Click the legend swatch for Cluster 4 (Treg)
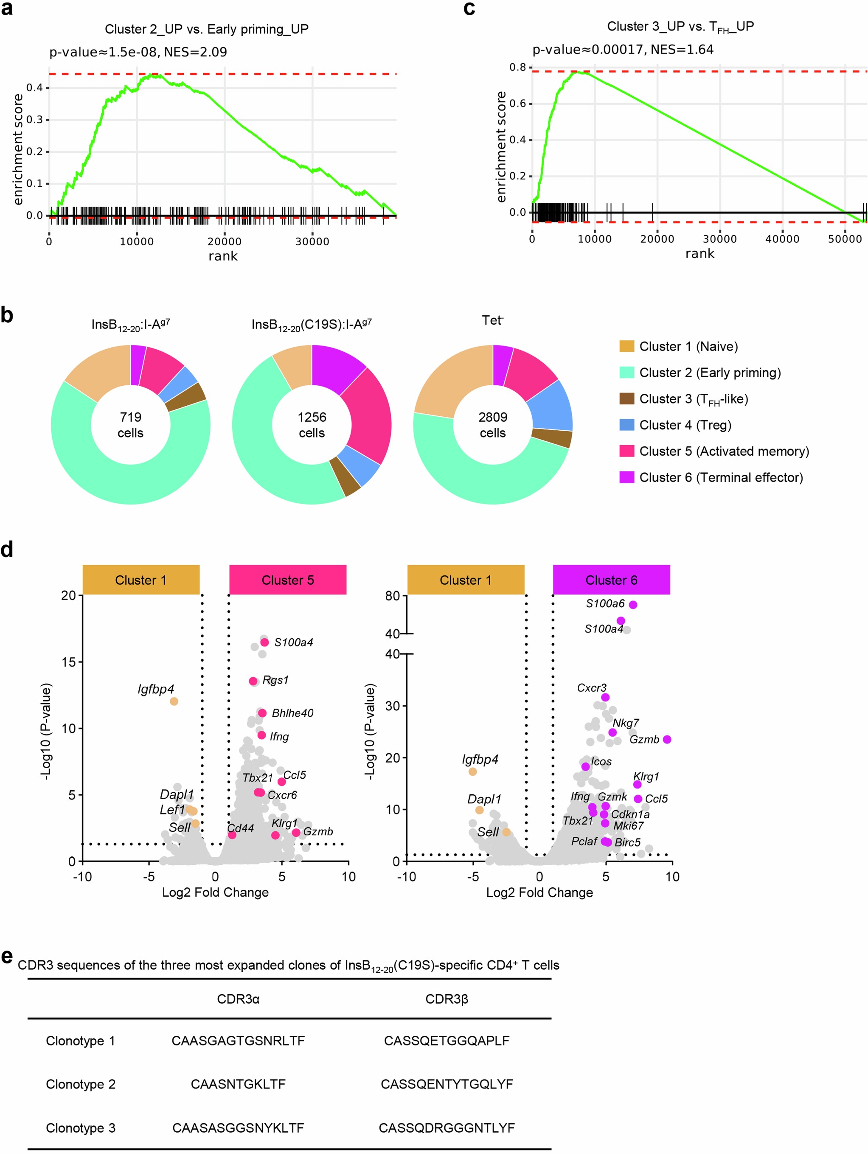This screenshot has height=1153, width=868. [x=626, y=425]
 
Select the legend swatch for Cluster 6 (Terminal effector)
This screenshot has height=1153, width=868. [x=626, y=477]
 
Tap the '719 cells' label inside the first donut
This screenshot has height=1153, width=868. [x=130, y=425]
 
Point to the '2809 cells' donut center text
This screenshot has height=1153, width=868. [x=493, y=425]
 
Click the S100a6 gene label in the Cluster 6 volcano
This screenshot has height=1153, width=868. [x=605, y=603]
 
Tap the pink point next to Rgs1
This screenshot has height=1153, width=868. [x=253, y=681]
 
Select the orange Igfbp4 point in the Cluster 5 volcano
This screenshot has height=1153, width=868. [x=174, y=701]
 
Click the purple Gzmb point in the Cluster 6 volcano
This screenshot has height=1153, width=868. [x=667, y=739]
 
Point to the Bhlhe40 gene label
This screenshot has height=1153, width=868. [x=292, y=713]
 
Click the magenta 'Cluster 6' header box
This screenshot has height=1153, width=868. [x=611, y=580]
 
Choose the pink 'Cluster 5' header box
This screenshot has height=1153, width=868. [x=288, y=580]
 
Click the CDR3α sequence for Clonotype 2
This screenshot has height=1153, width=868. [x=238, y=1084]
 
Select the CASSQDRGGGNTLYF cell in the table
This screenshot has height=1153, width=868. [x=447, y=1128]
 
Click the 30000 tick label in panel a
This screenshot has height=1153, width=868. [x=312, y=241]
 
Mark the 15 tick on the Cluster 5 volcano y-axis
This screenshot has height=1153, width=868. [x=69, y=662]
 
